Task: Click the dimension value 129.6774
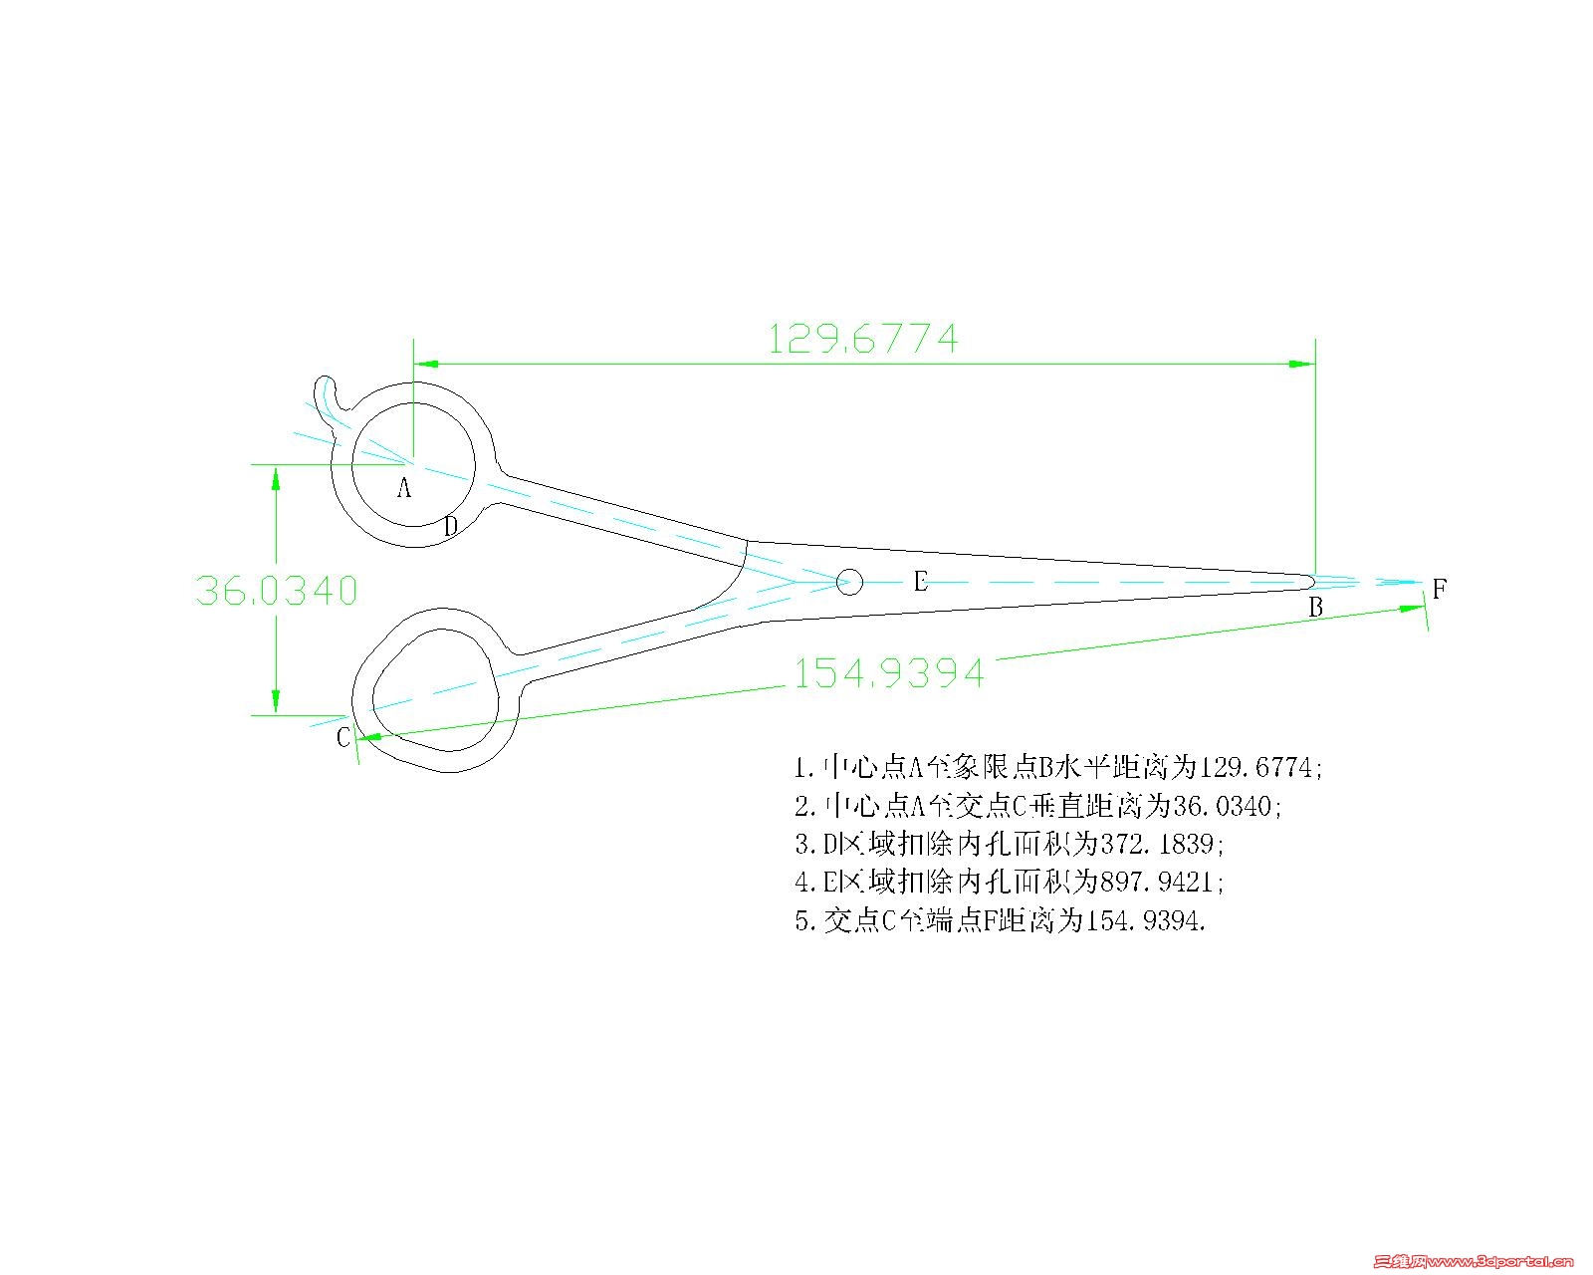863,339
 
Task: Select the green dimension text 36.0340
277,591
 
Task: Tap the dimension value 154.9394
888,673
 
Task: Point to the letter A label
404,487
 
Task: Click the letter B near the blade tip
1315,607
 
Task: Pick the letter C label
343,737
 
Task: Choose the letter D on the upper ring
450,526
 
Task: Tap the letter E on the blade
920,581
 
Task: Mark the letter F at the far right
1439,589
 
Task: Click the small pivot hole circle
850,583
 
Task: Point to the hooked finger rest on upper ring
329,400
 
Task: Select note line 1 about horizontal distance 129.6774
1058,768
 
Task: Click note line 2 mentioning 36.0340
1037,806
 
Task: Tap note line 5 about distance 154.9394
1001,920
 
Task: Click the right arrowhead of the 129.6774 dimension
1302,364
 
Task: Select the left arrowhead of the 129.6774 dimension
426,364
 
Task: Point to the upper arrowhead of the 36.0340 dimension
276,478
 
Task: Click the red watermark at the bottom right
1474,1260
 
